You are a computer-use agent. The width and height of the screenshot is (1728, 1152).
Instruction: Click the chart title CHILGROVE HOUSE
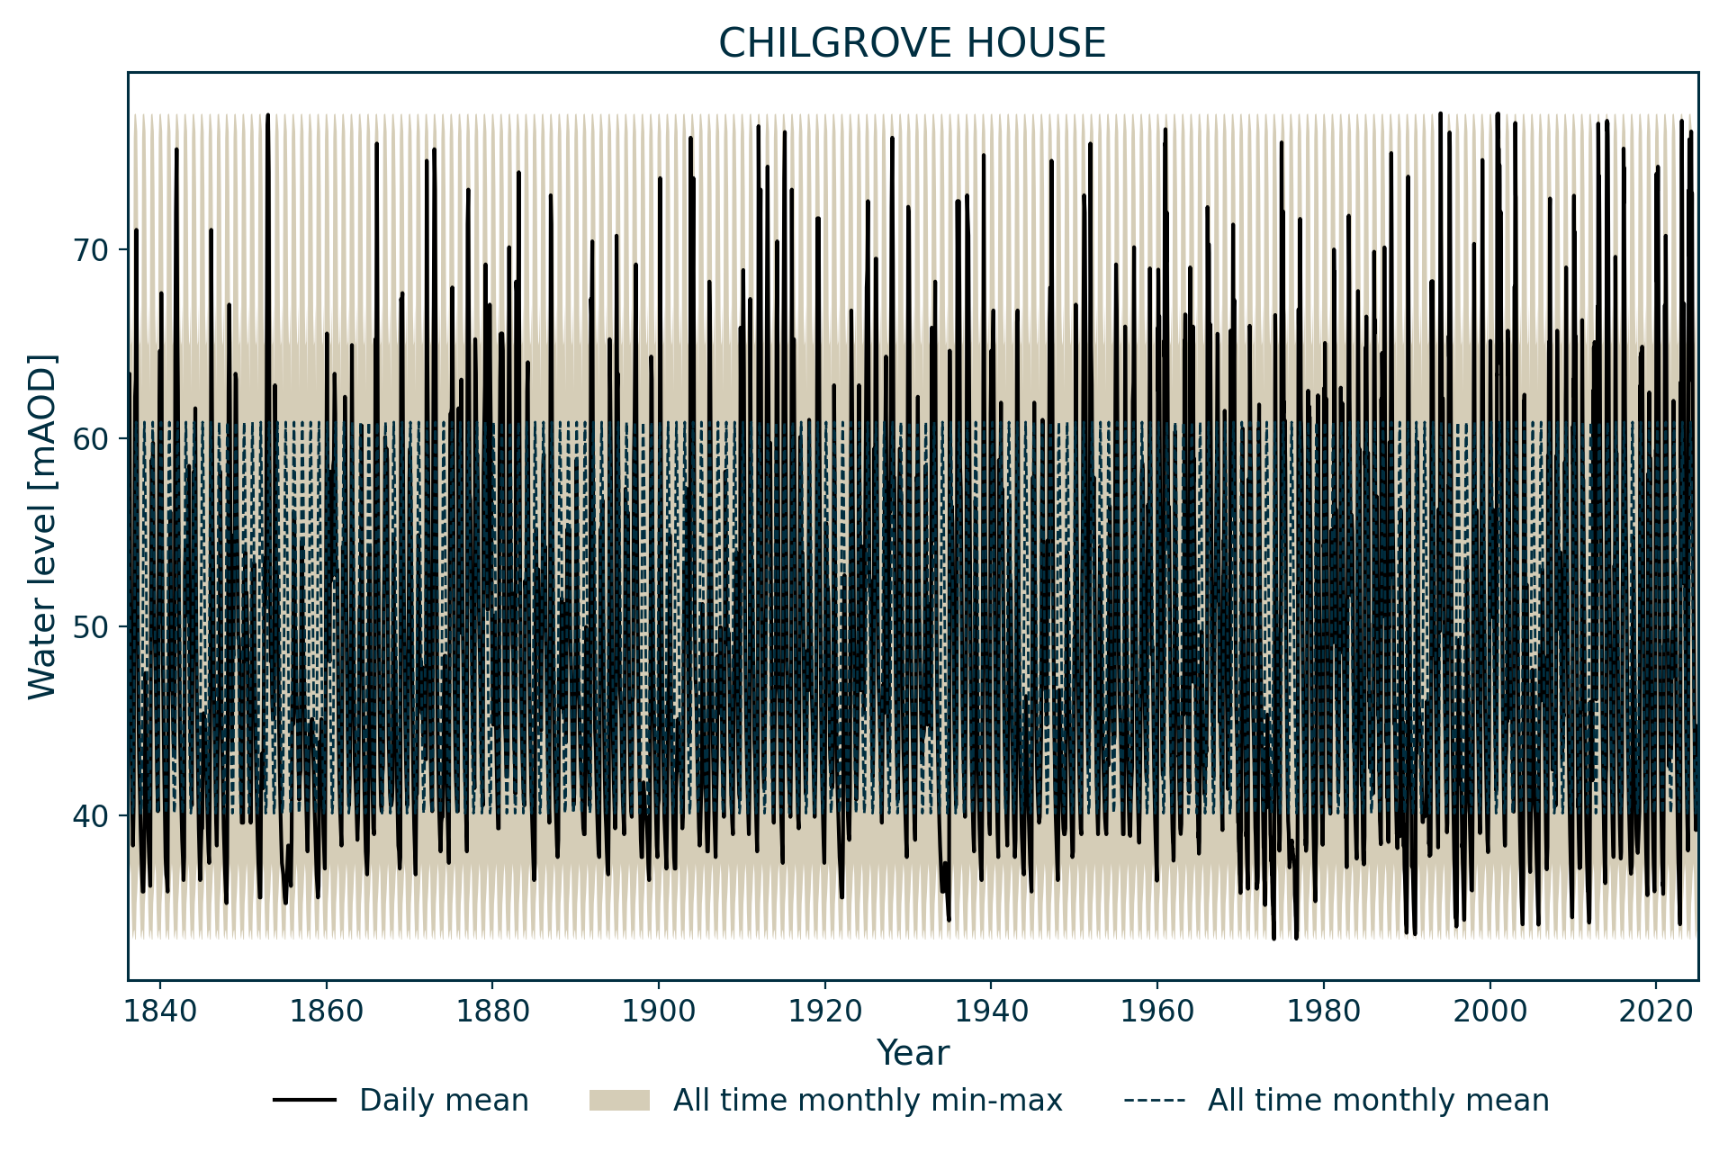tap(912, 43)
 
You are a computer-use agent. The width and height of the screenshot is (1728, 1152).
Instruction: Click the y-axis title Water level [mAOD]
tap(42, 526)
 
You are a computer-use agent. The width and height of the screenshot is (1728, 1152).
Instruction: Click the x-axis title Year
tap(913, 1053)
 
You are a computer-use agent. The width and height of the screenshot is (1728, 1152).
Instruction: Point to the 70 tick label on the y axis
tap(90, 250)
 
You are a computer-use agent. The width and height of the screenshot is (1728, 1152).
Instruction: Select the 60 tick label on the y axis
tap(90, 439)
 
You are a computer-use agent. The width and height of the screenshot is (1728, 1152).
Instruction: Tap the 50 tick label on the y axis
tap(90, 627)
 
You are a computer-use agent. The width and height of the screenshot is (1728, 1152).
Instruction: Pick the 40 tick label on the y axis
tap(90, 816)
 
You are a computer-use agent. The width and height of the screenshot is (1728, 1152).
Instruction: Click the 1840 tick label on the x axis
tap(160, 1012)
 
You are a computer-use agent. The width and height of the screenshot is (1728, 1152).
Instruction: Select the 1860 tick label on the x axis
tap(326, 1012)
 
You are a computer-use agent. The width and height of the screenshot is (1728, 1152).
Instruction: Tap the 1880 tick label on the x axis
tap(492, 1012)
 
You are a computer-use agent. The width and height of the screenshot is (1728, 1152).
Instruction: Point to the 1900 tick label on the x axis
tap(659, 1012)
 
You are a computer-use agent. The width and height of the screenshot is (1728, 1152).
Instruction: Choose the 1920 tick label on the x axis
tap(824, 1012)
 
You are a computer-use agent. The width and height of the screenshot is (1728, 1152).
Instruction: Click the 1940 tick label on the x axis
tap(991, 1012)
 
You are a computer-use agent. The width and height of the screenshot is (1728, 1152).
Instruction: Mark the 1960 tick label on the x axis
tap(1157, 1012)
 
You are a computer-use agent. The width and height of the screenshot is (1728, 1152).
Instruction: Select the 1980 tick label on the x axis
tap(1324, 1012)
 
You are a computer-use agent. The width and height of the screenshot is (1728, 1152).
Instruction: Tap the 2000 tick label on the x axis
tap(1490, 1012)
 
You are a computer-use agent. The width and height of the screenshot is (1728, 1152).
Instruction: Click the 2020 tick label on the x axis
tap(1656, 1012)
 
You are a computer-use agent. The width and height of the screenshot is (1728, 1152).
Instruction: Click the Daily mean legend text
tap(444, 1101)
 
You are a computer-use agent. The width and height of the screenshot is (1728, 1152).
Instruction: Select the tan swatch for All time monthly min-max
tap(619, 1101)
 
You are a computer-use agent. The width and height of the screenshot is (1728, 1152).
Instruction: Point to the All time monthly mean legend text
tap(1378, 1101)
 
